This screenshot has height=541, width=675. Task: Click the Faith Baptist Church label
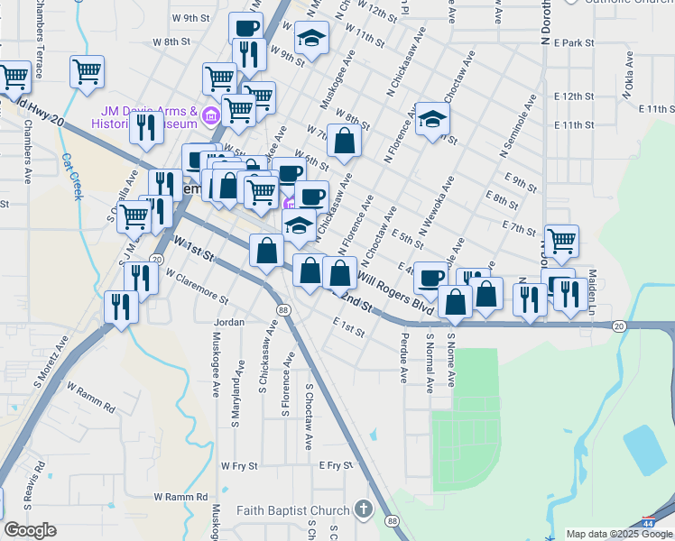coord(293,510)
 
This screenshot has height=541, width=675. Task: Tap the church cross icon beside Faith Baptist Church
coord(363,509)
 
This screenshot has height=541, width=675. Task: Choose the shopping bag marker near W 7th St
coord(344,141)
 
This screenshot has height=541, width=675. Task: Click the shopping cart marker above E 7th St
coord(561,241)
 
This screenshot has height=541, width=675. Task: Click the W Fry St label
coord(239,466)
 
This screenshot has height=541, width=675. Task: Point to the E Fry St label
coord(334,465)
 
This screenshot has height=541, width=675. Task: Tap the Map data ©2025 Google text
coord(620,534)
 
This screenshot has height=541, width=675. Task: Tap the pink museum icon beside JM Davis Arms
coord(212,115)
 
